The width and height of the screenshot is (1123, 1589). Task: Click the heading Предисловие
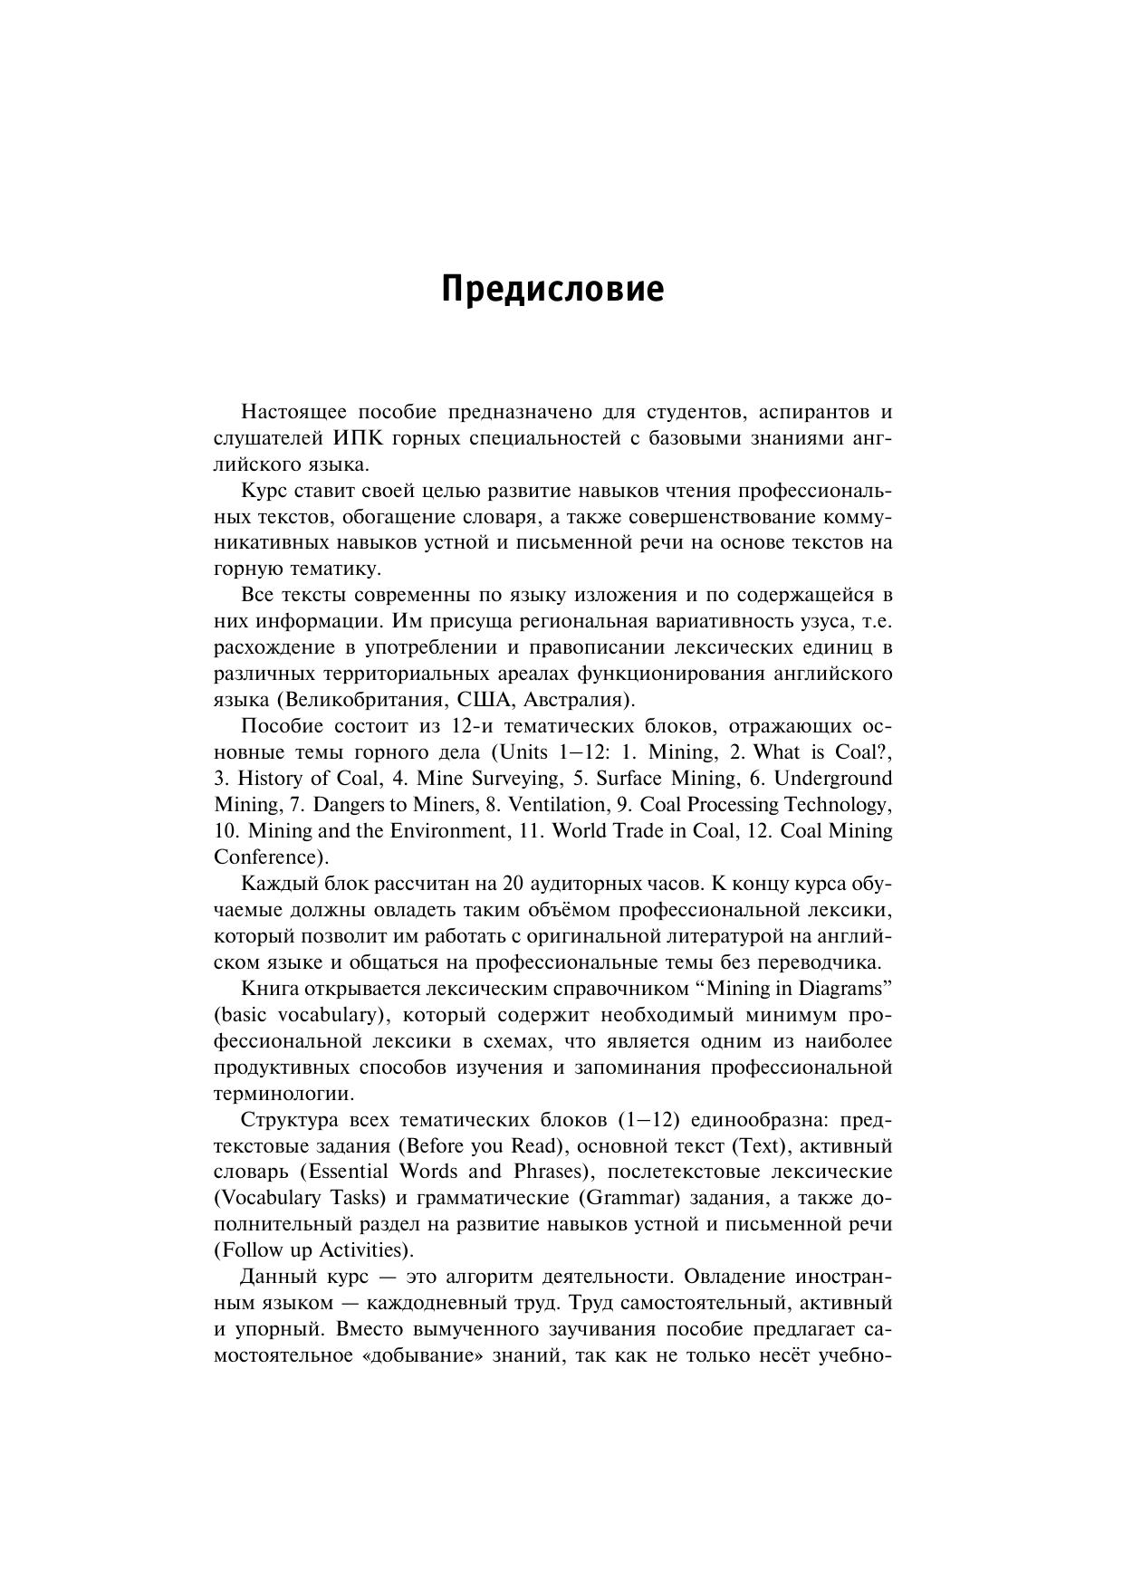pos(552,290)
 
